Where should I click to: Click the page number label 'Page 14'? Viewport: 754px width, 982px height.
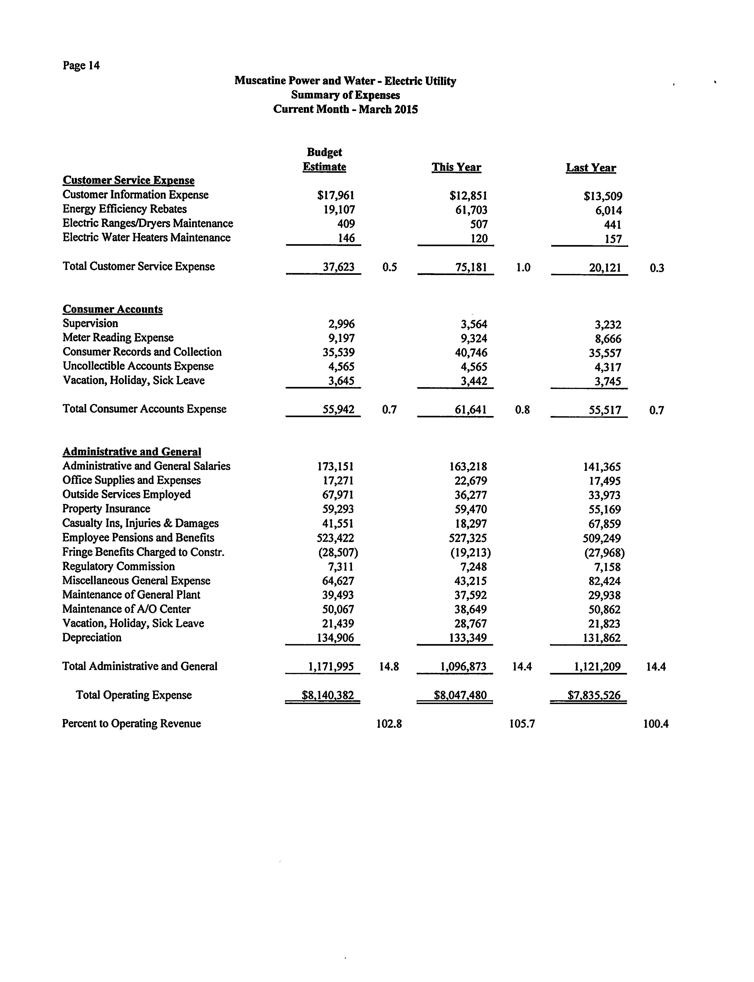[x=81, y=66]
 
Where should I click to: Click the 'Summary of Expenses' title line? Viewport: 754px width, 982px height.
[x=345, y=95]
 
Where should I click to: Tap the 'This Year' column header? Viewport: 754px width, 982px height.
[x=456, y=168]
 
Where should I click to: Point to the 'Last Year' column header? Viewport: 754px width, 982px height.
[x=591, y=168]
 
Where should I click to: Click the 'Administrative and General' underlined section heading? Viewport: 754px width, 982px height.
[x=131, y=452]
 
